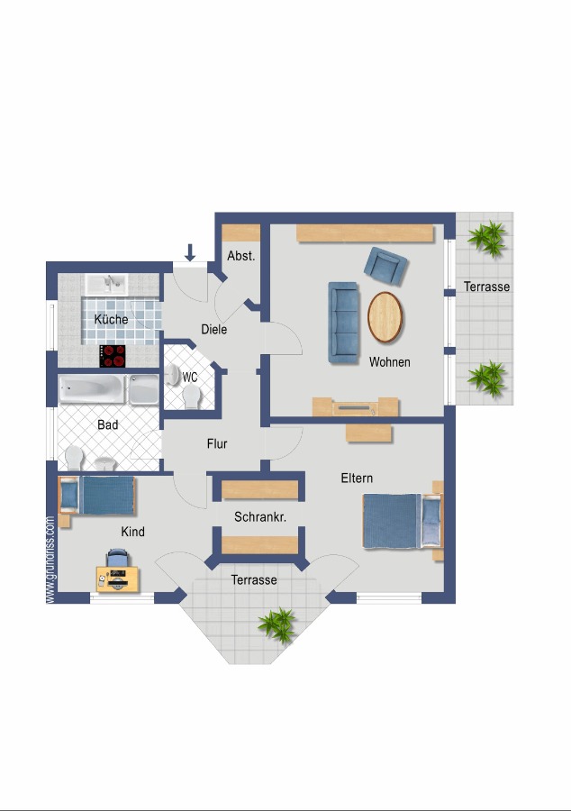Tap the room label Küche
coord(111,319)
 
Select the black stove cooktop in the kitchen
coord(113,356)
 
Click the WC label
coord(190,378)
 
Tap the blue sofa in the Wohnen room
coord(343,321)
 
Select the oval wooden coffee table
coord(385,317)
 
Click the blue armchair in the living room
coord(385,265)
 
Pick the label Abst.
coord(240,256)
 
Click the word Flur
coord(217,443)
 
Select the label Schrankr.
coord(259,517)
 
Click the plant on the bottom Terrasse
coord(277,624)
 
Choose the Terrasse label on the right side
coord(486,287)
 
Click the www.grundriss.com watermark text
coord(50,559)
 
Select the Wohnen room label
coord(389,362)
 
